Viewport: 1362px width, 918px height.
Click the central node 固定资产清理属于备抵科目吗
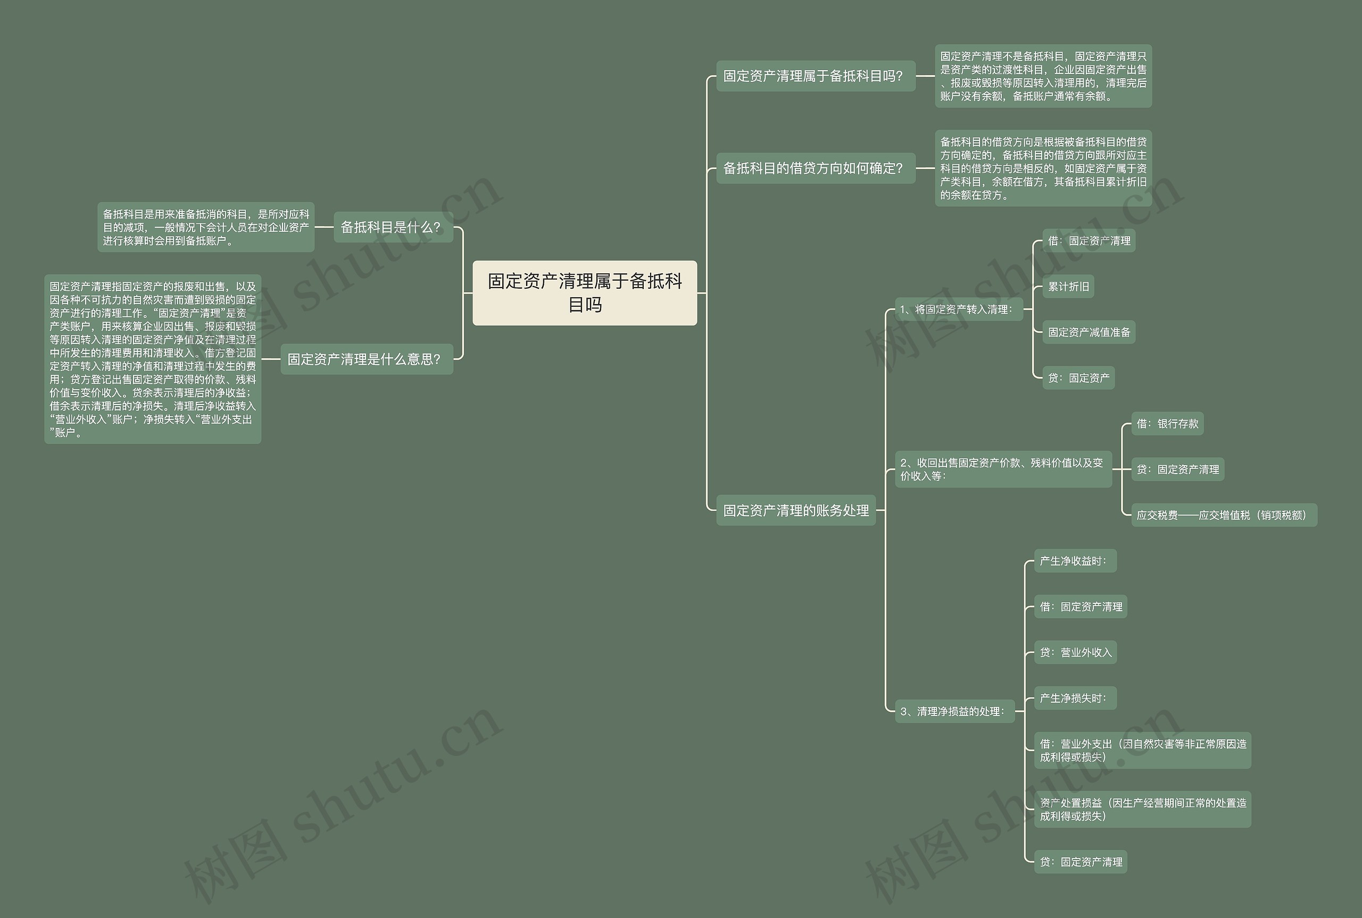tap(584, 293)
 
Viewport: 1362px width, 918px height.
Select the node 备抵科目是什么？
tap(393, 227)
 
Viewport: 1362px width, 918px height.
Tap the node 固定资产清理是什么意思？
tap(366, 359)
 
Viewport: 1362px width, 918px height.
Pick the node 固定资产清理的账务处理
tap(795, 510)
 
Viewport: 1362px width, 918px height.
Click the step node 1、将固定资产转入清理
tap(958, 310)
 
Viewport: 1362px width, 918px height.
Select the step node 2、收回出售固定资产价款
tap(1002, 469)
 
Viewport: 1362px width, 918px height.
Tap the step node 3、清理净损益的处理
tap(954, 711)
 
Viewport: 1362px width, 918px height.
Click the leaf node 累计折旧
tap(1068, 287)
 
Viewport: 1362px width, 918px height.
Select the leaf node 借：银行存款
tap(1167, 424)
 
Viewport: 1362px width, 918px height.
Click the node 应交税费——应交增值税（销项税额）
tap(1223, 515)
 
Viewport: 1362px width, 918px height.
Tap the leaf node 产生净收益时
tap(1075, 561)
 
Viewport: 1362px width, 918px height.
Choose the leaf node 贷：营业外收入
tap(1075, 652)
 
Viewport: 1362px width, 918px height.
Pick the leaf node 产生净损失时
tap(1075, 698)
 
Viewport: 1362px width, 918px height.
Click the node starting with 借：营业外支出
tap(1142, 751)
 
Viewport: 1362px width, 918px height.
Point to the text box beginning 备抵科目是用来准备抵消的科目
tap(205, 227)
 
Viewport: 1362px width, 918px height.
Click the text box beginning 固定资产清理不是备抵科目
tap(1043, 76)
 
